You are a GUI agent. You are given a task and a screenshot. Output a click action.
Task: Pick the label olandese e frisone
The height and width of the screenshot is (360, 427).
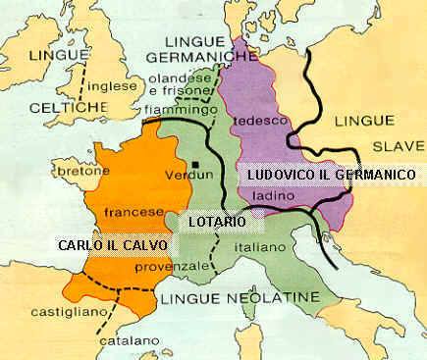click(x=200, y=83)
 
